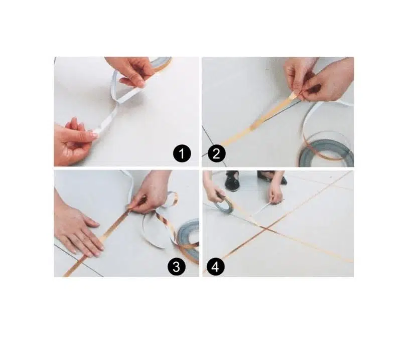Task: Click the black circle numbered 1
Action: [182, 154]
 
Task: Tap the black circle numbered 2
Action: [216, 154]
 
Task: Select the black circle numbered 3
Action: [177, 267]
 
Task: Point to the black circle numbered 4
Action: [216, 267]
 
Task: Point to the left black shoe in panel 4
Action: [232, 181]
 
